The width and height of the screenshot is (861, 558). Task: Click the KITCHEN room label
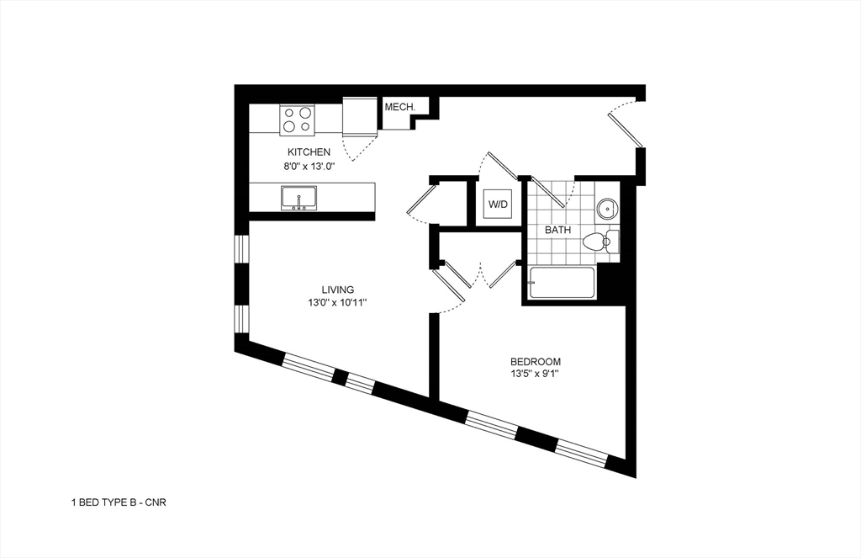(309, 152)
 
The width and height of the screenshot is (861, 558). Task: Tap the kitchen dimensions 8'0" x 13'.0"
(309, 167)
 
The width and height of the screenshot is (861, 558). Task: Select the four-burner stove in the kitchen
(297, 119)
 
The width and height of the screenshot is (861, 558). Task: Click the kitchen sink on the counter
(298, 199)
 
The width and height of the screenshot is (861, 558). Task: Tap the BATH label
(557, 230)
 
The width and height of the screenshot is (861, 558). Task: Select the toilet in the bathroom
(599, 242)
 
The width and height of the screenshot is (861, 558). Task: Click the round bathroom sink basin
(606, 207)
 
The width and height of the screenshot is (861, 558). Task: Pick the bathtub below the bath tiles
(562, 283)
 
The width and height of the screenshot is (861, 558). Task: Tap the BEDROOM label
(535, 361)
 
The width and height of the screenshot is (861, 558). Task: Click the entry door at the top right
(626, 126)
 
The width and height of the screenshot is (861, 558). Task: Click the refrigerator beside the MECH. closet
(361, 115)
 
